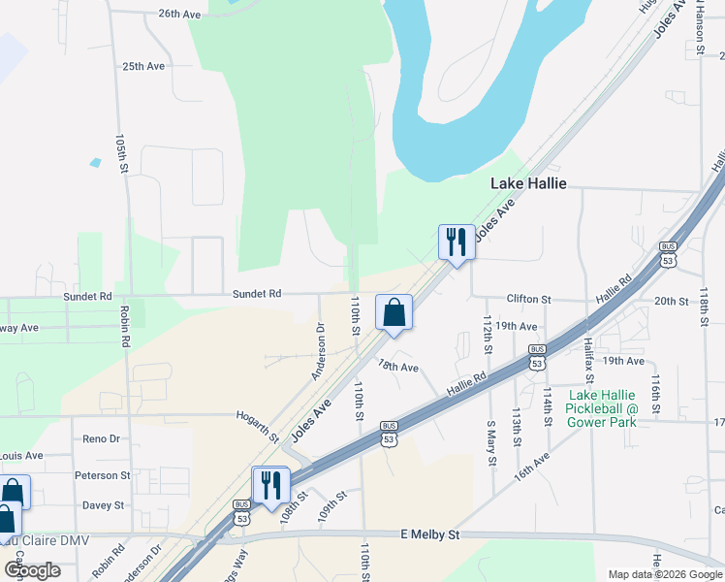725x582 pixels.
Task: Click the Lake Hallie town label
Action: (x=528, y=182)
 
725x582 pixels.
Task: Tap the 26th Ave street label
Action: (x=179, y=15)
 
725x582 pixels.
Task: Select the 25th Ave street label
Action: (x=143, y=66)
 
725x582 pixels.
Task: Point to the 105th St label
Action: (x=122, y=155)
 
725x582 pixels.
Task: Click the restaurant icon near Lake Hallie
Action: (x=457, y=242)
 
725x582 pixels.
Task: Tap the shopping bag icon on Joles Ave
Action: (x=394, y=312)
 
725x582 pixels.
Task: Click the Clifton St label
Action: (x=528, y=300)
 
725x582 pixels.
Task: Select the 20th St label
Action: (x=671, y=301)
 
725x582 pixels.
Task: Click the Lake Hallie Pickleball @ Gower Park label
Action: (x=603, y=408)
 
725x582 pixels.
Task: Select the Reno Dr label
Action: (x=101, y=438)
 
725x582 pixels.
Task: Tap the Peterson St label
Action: (x=102, y=475)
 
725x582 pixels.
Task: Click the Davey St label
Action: (x=103, y=505)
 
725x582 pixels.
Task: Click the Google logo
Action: (x=32, y=570)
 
